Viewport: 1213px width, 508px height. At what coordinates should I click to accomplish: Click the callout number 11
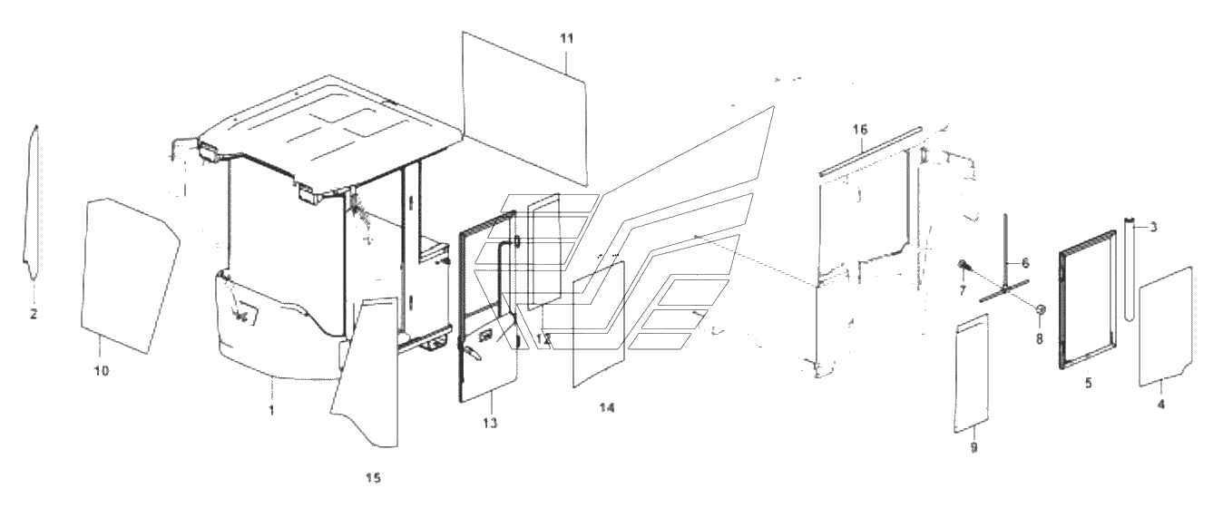coord(566,39)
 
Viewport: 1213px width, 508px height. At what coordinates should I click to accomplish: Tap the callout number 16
coord(860,130)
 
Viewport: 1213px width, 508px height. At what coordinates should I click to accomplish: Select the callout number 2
coord(34,314)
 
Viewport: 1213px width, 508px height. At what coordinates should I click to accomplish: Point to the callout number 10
coord(102,371)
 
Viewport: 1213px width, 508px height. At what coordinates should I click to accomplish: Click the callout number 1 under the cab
coord(272,410)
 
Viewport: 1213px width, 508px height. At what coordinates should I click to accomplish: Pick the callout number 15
coord(373,478)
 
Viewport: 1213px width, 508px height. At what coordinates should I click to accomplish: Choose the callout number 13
coord(491,423)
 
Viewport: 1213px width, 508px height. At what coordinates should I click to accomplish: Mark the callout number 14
coord(607,408)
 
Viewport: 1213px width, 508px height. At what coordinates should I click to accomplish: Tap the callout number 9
coord(973,447)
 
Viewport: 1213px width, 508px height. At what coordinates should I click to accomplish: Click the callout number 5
coord(1089,383)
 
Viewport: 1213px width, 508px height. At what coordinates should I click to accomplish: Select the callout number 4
coord(1161,404)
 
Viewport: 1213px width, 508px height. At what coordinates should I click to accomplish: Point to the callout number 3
coord(1153,227)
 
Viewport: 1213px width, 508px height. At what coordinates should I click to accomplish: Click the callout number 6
coord(1025,263)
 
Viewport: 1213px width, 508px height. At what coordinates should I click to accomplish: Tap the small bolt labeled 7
coord(964,266)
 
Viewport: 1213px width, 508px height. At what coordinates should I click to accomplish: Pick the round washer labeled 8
coord(1040,310)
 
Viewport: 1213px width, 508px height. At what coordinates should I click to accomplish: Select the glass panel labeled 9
coord(971,374)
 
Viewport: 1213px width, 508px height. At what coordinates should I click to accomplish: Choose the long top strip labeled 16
coord(870,151)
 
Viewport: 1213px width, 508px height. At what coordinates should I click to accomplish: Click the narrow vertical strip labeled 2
coord(33,202)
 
